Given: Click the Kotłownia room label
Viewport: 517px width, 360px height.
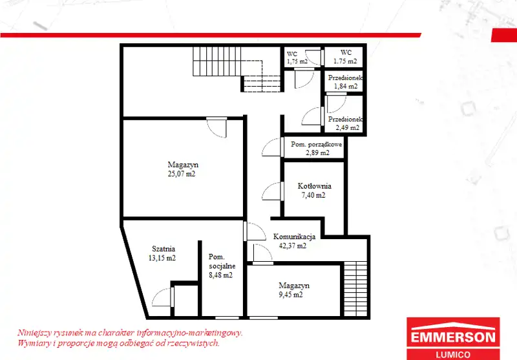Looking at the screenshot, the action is pyautogui.click(x=314, y=186).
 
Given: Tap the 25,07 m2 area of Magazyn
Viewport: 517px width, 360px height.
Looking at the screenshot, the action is pyautogui.click(x=182, y=174).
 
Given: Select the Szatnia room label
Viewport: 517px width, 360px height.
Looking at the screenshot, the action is pyautogui.click(x=164, y=249).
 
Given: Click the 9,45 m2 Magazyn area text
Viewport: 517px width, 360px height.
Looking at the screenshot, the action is pyautogui.click(x=290, y=295).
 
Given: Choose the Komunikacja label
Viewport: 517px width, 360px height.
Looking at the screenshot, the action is pyautogui.click(x=294, y=237).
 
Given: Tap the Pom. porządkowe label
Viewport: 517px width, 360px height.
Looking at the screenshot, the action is pyautogui.click(x=316, y=144).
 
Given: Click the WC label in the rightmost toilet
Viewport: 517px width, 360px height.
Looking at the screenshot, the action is pyautogui.click(x=346, y=52).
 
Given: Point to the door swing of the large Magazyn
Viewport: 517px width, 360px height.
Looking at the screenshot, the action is pyautogui.click(x=216, y=127).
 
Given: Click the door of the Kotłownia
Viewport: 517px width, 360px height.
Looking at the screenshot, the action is pyautogui.click(x=273, y=191).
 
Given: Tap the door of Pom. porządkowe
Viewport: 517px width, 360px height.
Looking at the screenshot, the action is pyautogui.click(x=273, y=147).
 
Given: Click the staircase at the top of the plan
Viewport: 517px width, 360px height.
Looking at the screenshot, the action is pyautogui.click(x=237, y=69).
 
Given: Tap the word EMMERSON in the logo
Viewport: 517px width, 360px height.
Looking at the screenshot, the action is pyautogui.click(x=453, y=337).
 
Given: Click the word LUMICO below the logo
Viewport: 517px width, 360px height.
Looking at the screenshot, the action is pyautogui.click(x=453, y=355).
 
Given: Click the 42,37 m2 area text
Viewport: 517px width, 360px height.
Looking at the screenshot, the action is pyautogui.click(x=293, y=246).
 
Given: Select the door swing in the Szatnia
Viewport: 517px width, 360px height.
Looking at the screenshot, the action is pyautogui.click(x=163, y=298).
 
